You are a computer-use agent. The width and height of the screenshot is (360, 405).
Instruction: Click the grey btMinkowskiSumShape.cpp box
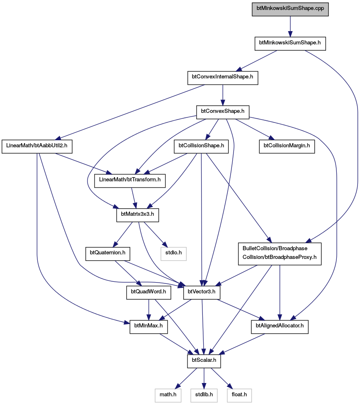pyautogui.click(x=290, y=9)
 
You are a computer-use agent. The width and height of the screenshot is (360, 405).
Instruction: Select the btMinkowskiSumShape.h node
pyautogui.click(x=290, y=44)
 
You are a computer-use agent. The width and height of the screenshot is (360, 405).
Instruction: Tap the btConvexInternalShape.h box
pyautogui.click(x=223, y=78)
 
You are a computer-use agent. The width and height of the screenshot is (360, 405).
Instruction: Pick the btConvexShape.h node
pyautogui.click(x=223, y=112)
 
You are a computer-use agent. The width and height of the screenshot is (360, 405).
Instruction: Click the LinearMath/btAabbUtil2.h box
pyautogui.click(x=37, y=147)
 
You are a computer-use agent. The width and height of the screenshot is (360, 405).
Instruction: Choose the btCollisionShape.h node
pyautogui.click(x=201, y=147)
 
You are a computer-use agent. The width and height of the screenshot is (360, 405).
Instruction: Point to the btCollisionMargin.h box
pyautogui.click(x=287, y=147)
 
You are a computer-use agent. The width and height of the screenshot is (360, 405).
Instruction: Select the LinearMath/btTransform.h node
pyautogui.click(x=130, y=181)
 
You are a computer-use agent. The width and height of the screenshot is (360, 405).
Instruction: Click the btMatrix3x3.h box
pyautogui.click(x=137, y=215)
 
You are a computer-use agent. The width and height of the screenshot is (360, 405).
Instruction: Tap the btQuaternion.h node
pyautogui.click(x=108, y=254)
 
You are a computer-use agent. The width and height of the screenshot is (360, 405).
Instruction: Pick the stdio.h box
pyautogui.click(x=173, y=254)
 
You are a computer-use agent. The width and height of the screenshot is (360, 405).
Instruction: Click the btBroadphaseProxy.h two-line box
pyautogui.click(x=280, y=254)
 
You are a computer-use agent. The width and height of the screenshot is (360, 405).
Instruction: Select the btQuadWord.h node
pyautogui.click(x=149, y=293)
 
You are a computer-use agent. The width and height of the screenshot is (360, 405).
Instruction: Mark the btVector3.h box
pyautogui.click(x=202, y=293)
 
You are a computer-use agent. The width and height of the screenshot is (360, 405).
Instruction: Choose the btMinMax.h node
pyautogui.click(x=148, y=327)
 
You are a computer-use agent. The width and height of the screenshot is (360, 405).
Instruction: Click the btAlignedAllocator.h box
pyautogui.click(x=280, y=327)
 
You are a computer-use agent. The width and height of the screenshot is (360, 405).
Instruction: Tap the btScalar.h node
pyautogui.click(x=204, y=361)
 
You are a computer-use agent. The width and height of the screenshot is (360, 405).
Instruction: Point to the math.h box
pyautogui.click(x=168, y=396)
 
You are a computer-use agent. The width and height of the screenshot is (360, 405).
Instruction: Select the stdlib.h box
pyautogui.click(x=204, y=396)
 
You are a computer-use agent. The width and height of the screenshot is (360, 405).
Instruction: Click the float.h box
pyautogui.click(x=239, y=396)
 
